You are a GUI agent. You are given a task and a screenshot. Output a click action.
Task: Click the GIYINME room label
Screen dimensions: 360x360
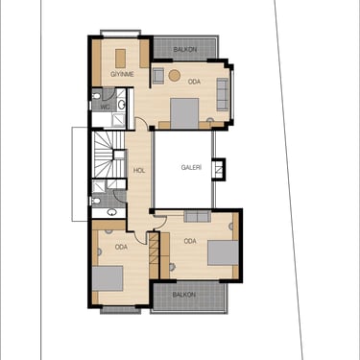pos(122,74)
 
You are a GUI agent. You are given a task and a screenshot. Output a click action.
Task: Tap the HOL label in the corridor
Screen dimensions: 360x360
pos(139,170)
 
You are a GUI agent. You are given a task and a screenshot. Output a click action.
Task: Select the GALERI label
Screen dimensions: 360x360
pos(191,167)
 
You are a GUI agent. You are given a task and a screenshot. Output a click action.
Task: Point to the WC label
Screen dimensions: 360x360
pos(105,107)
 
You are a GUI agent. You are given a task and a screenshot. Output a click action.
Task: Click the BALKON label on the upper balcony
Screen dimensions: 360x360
pos(185,50)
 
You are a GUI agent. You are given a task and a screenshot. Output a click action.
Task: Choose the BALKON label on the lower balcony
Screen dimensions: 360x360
pos(184,295)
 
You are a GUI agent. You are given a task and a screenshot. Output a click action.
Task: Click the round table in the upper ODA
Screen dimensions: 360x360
pos(175,75)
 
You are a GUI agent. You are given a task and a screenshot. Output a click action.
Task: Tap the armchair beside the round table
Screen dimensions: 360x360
pos(158,76)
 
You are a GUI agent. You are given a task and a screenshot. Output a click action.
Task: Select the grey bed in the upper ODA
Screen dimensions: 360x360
pos(184,113)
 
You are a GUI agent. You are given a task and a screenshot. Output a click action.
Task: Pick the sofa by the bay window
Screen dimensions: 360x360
pos(223,94)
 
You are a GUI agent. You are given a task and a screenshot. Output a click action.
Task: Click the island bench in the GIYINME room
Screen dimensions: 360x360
pos(120,59)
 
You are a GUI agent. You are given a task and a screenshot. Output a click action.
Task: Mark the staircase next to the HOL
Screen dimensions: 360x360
pos(108,155)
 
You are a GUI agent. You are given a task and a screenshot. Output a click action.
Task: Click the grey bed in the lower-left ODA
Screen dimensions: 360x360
pos(108,278)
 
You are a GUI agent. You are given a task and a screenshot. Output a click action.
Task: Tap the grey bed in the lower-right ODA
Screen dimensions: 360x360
pos(223,252)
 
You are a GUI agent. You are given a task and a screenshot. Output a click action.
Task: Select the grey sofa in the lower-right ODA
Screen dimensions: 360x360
pos(198,216)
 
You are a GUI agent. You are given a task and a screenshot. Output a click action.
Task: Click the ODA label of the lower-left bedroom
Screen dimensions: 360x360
pos(121,247)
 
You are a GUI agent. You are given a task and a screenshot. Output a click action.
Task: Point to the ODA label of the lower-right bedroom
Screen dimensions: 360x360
pos(190,241)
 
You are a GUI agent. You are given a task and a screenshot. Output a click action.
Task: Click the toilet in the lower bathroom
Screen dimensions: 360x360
pos(96,201)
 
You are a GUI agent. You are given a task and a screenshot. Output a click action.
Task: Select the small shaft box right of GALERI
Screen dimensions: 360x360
pos(219,169)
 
